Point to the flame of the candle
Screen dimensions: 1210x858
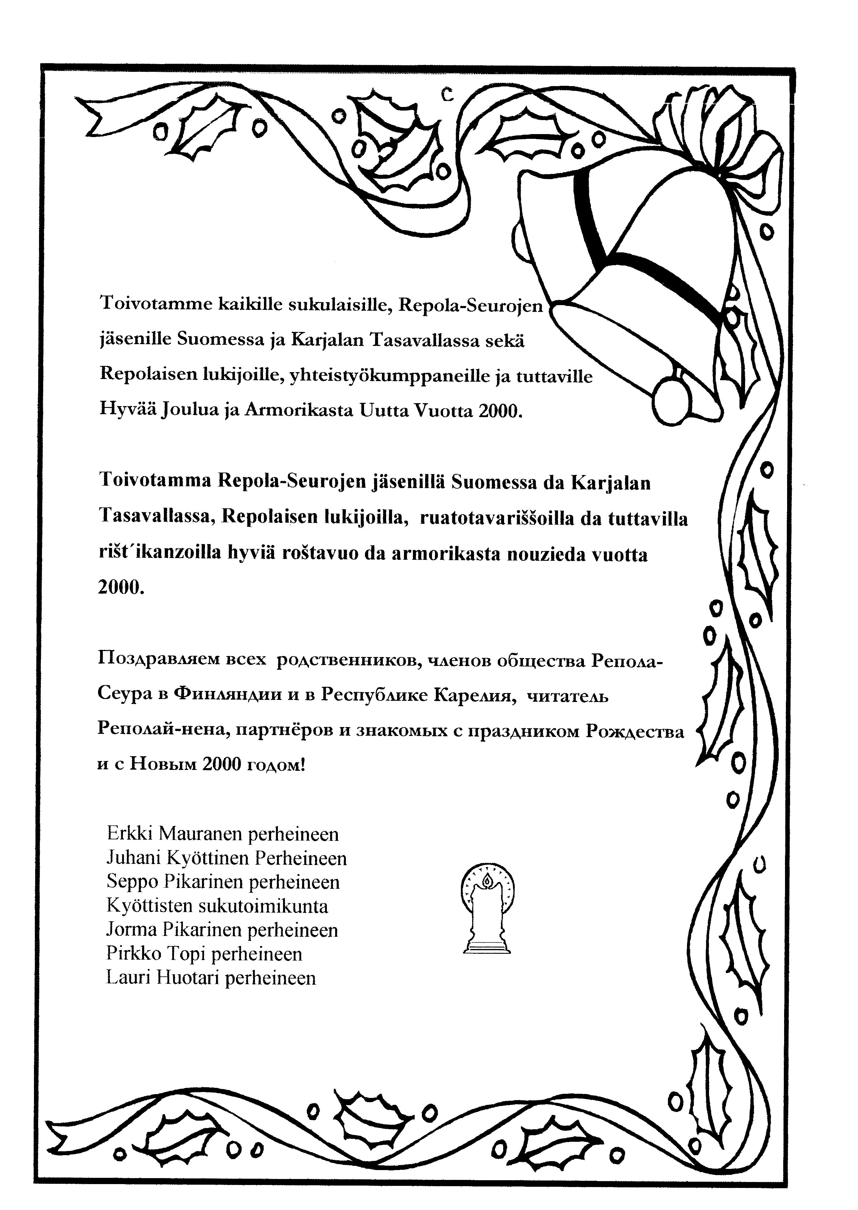(487, 880)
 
